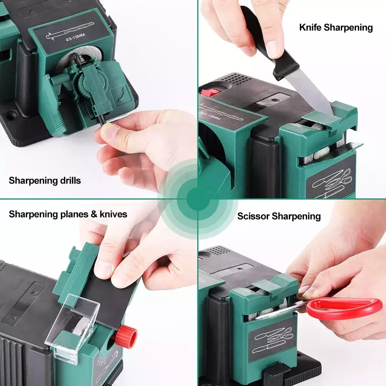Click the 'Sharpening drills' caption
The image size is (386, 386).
(45, 181)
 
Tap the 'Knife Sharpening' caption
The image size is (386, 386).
(336, 27)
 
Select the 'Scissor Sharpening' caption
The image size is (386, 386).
(279, 216)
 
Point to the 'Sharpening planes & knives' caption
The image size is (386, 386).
(68, 214)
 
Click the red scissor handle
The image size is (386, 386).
(345, 308)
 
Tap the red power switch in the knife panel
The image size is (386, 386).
(211, 92)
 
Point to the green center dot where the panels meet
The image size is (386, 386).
(198, 199)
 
